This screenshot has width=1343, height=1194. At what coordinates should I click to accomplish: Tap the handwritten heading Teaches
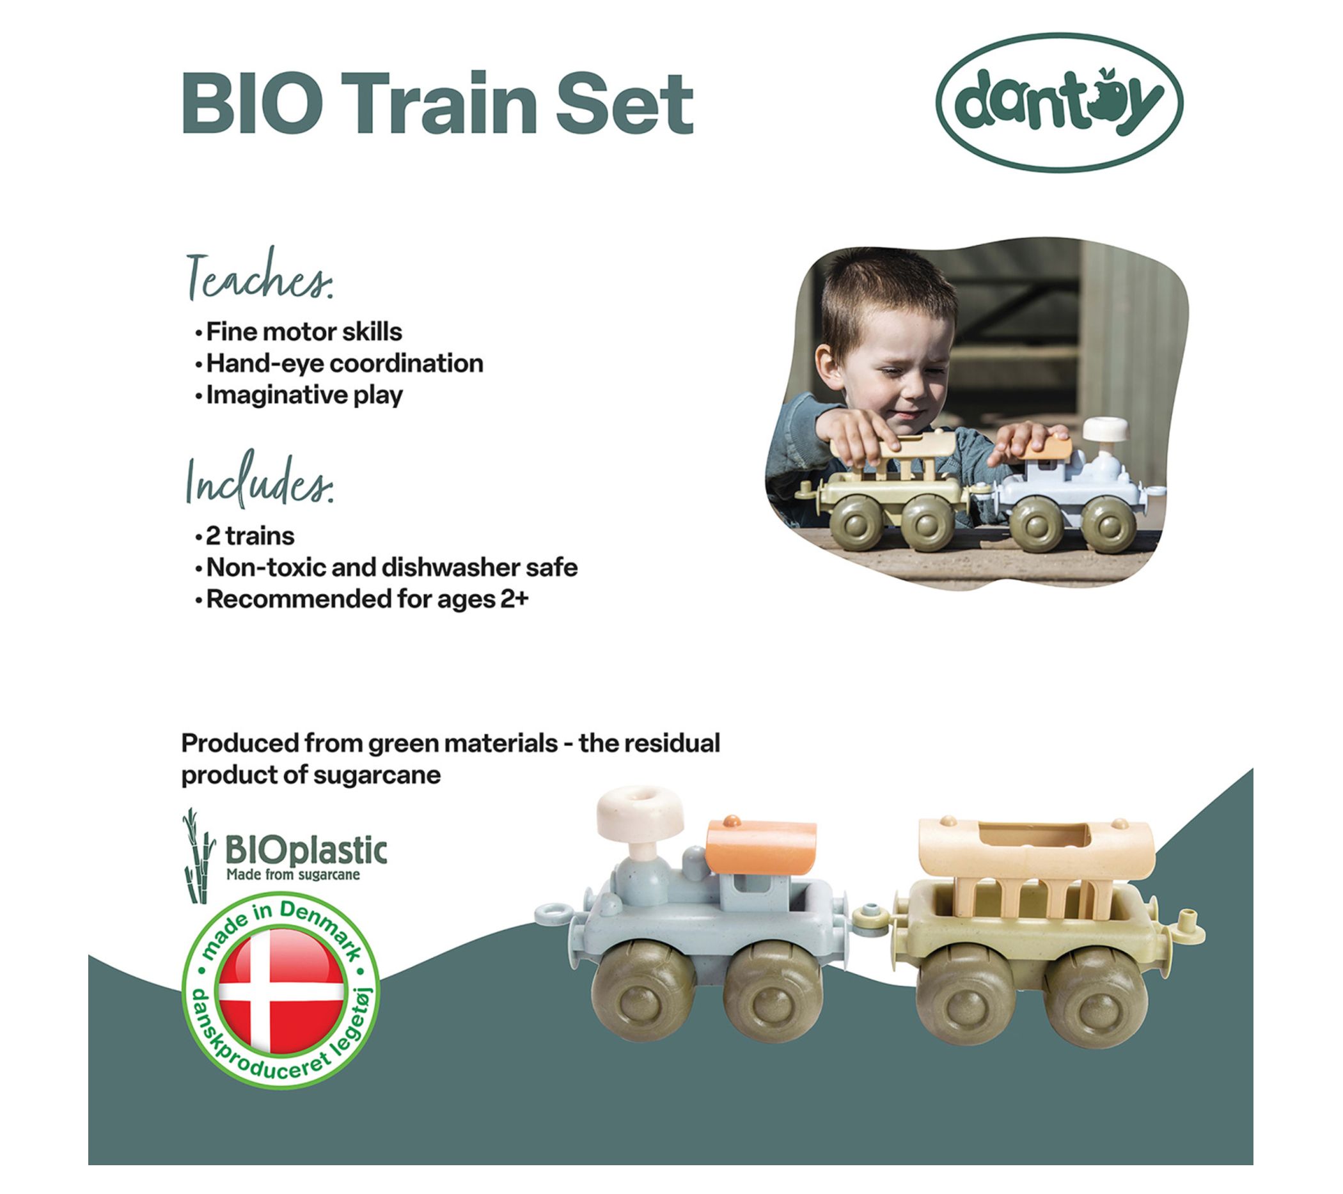point(260,276)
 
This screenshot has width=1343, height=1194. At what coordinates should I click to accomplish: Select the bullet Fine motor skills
point(299,332)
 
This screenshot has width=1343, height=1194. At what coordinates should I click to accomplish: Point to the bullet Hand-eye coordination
point(339,363)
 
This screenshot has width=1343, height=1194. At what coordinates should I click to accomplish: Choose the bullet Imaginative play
point(299,395)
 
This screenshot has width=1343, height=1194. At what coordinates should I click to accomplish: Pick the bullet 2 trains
point(245,536)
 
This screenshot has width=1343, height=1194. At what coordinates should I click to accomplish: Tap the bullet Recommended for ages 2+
point(362,599)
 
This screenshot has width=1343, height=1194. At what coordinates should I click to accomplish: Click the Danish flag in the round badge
point(281,990)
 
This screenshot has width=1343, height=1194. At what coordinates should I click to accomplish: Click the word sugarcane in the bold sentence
point(377,775)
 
